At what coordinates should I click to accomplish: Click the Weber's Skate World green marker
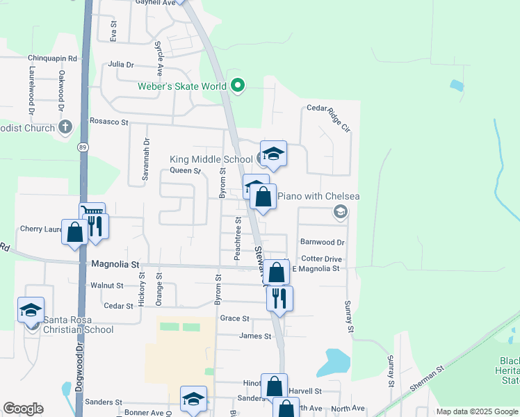tap(238, 86)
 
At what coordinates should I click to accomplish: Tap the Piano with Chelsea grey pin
tap(340, 212)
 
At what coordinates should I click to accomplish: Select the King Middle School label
tap(211, 159)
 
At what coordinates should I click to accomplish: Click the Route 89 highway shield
tap(83, 147)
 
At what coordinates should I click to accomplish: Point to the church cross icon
tap(65, 126)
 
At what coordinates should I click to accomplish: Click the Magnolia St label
tap(116, 265)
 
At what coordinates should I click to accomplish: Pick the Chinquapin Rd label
tap(52, 58)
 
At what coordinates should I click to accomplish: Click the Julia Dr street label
tap(121, 65)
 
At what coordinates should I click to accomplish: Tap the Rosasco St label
tap(110, 122)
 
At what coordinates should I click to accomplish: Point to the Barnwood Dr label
tap(322, 242)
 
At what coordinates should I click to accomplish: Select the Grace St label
tap(234, 318)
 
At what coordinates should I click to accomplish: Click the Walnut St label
tap(107, 285)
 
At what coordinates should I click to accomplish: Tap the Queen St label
tap(185, 170)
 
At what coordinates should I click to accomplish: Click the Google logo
tap(23, 409)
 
